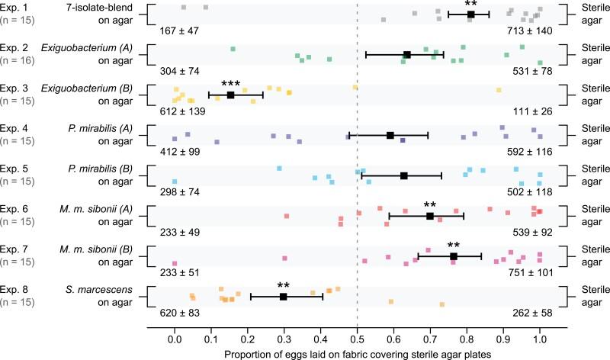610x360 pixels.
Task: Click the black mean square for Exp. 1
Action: click(470, 14)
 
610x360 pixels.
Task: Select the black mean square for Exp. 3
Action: click(230, 95)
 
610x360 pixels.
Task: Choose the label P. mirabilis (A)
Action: click(99, 128)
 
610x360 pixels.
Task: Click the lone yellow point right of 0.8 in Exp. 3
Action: click(498, 90)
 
